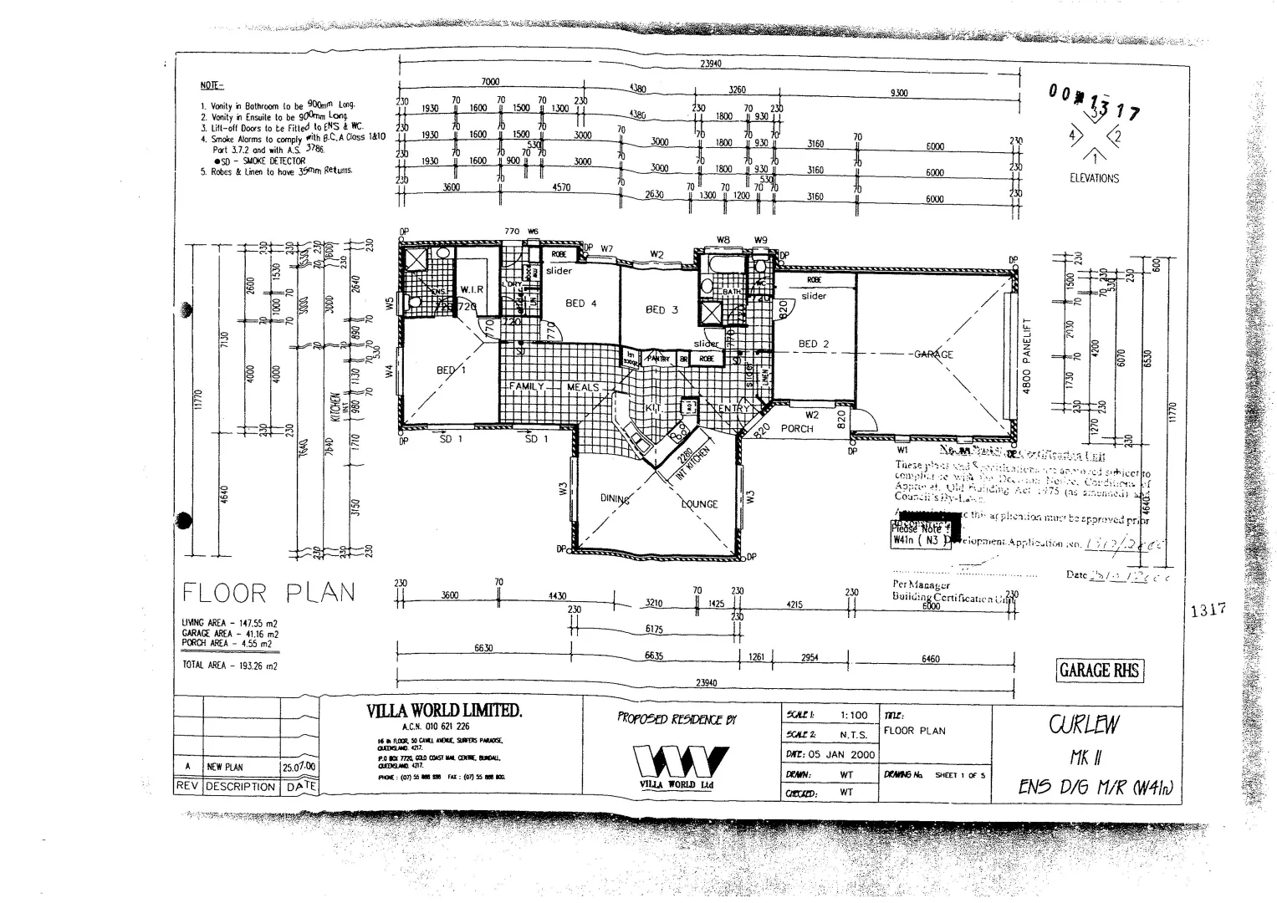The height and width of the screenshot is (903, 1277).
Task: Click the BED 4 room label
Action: click(x=581, y=304)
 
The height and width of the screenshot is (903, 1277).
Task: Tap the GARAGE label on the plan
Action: click(x=933, y=355)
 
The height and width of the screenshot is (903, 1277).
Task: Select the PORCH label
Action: click(x=796, y=429)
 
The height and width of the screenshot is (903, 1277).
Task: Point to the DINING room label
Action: click(x=615, y=499)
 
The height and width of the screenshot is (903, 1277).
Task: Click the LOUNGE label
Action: click(x=699, y=504)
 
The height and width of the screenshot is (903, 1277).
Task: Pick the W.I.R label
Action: click(x=472, y=289)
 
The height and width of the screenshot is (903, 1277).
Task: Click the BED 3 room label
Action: click(x=661, y=309)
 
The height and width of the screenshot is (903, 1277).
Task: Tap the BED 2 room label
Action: click(x=813, y=344)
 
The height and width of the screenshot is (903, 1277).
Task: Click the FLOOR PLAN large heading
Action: click(x=268, y=594)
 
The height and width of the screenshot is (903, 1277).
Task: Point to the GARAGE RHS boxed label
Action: click(x=1099, y=671)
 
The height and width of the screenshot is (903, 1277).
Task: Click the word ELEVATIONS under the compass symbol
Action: click(x=1094, y=178)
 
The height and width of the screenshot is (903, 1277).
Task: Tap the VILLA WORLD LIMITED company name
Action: click(x=444, y=711)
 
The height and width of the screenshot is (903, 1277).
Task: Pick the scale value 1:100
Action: click(x=854, y=716)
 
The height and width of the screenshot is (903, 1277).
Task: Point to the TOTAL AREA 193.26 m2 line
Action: click(x=230, y=666)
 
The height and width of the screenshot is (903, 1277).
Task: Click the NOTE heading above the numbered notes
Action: click(x=212, y=85)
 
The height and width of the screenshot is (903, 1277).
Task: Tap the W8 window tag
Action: click(x=723, y=240)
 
